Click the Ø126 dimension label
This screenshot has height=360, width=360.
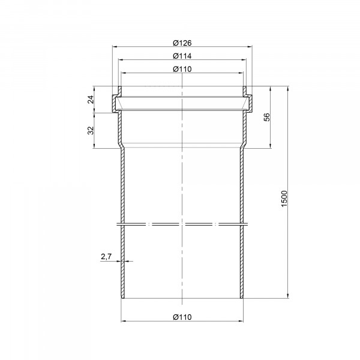[x=182, y=43]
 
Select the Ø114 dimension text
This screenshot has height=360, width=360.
[x=182, y=56]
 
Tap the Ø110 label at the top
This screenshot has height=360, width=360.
[x=182, y=69]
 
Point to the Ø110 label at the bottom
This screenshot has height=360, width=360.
[x=182, y=317]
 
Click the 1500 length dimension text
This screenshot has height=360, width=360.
[x=284, y=199]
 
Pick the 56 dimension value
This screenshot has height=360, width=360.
[x=268, y=117]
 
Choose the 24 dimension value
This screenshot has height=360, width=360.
[x=91, y=100]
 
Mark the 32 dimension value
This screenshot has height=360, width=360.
[x=91, y=130]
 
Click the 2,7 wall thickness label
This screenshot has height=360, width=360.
[x=106, y=256]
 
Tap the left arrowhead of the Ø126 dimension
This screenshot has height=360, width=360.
[x=115, y=47]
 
